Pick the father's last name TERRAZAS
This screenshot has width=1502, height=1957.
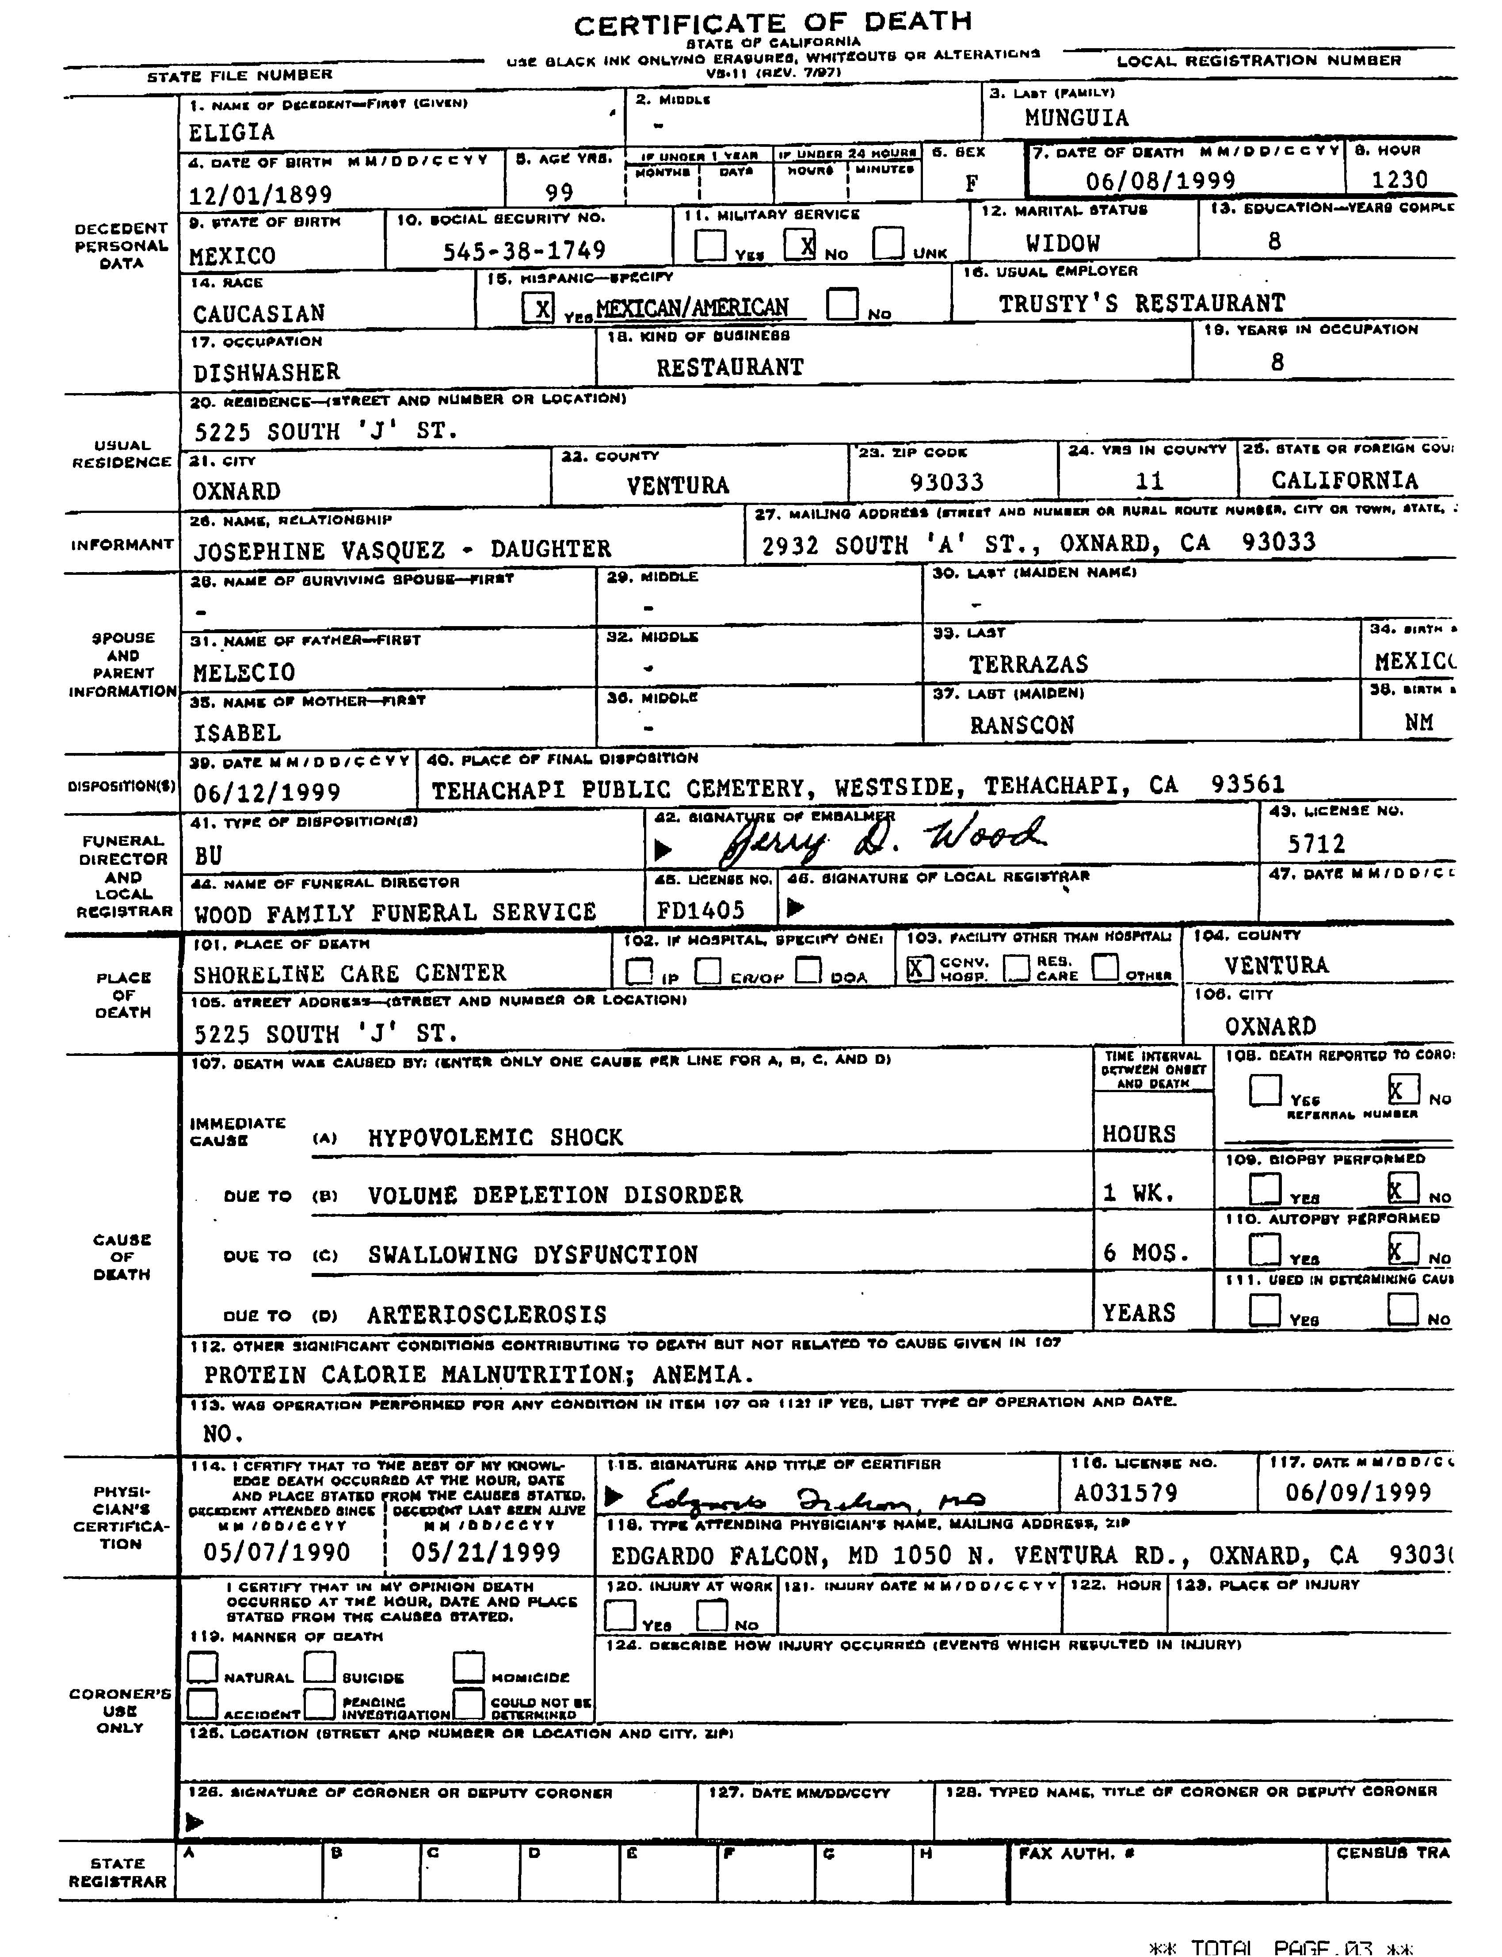[x=1028, y=664]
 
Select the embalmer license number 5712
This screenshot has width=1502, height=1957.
[x=1315, y=844]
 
